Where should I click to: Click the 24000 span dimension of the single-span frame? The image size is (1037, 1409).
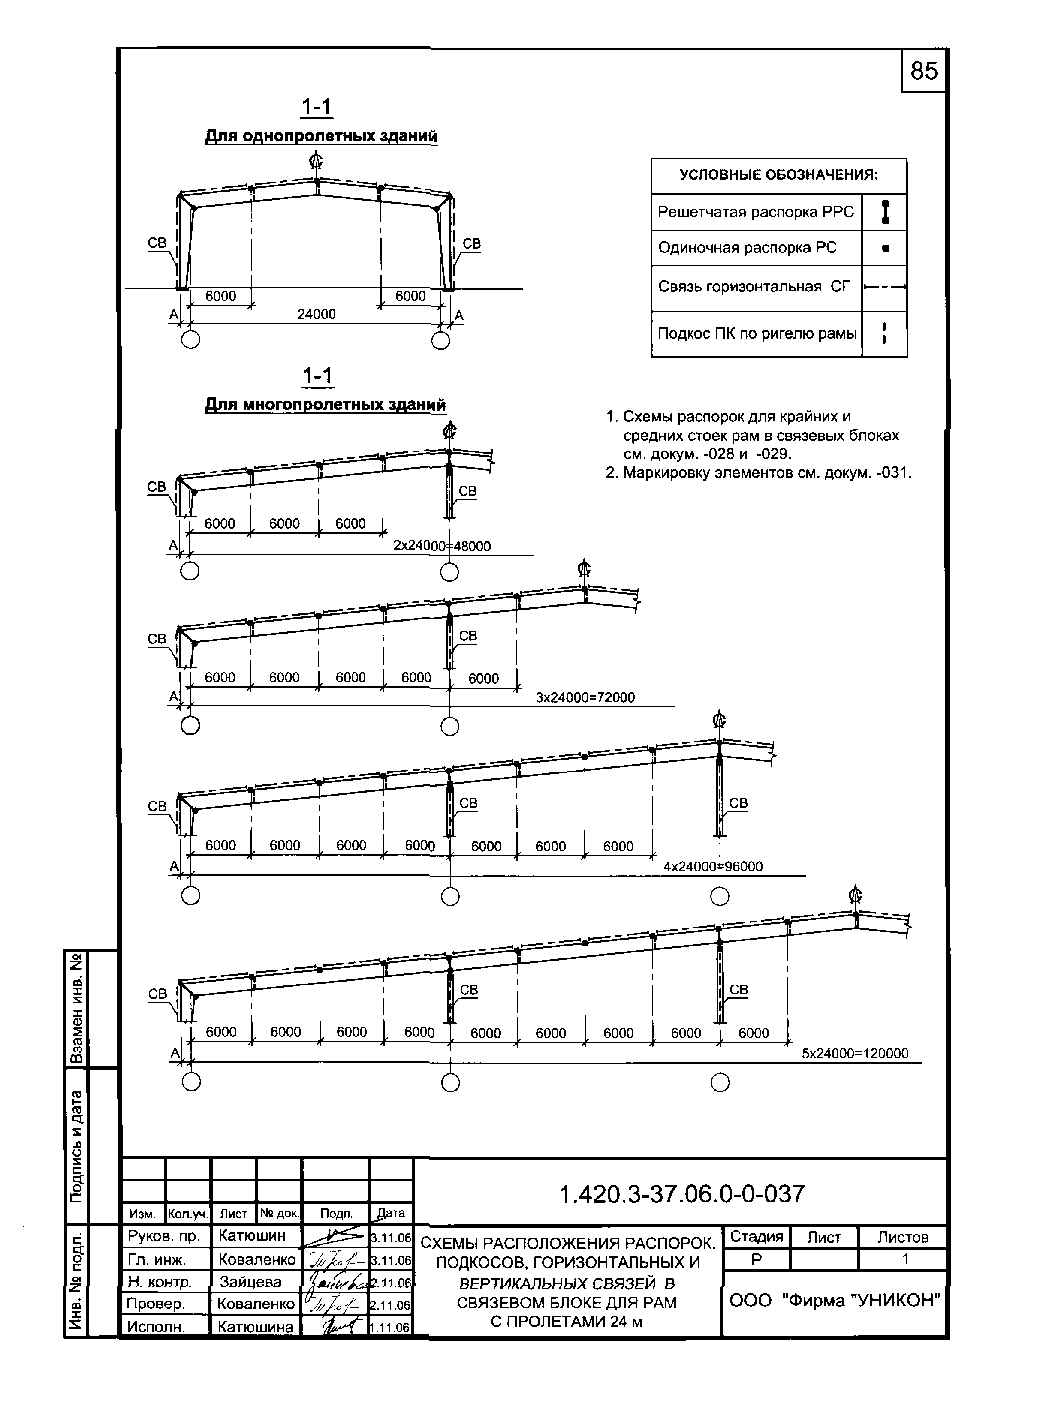317,314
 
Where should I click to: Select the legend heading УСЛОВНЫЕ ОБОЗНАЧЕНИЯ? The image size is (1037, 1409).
779,175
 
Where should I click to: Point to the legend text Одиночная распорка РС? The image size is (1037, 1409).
747,248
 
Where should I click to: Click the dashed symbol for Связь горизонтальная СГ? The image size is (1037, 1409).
884,287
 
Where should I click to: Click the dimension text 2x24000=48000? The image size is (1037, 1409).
442,546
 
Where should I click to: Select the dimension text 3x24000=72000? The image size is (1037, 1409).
585,697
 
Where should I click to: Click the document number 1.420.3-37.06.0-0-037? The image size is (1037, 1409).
681,1194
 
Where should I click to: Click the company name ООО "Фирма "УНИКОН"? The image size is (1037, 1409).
834,1301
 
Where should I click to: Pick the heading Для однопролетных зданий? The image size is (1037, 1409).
321,136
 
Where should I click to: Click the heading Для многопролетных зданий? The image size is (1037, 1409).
325,405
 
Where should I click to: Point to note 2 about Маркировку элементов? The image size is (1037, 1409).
758,472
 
